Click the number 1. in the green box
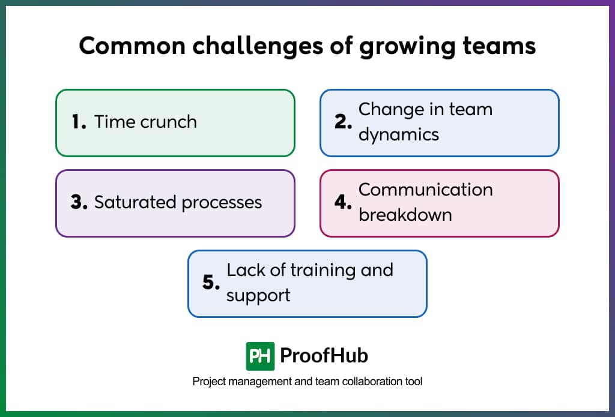point(79,122)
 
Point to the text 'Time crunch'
point(145,122)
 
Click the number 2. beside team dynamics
point(343,122)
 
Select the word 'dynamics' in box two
point(399,135)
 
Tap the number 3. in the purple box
point(79,202)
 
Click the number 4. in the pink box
point(343,202)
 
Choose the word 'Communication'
point(425,190)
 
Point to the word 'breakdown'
point(405,214)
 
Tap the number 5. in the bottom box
point(211,283)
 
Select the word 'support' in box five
point(258,295)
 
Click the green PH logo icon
point(260,356)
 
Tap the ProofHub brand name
point(324,356)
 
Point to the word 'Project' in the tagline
point(208,382)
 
